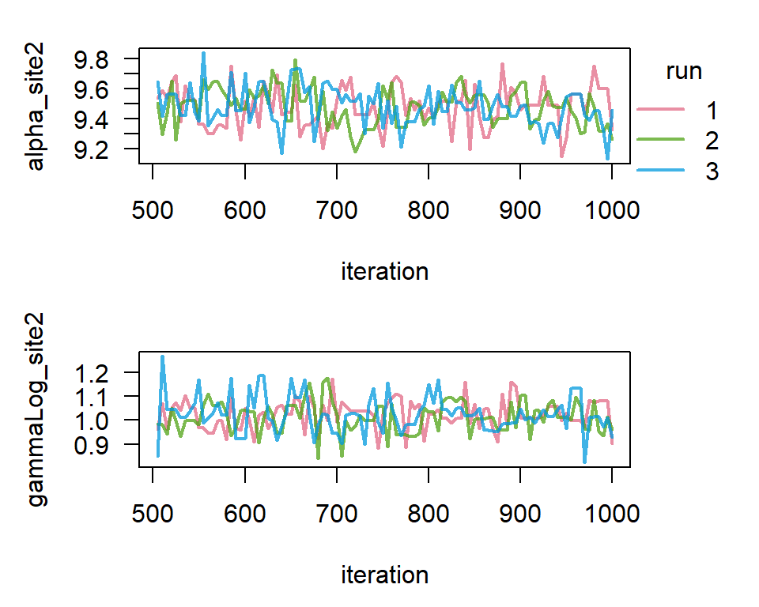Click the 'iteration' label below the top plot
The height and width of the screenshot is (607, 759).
point(384,272)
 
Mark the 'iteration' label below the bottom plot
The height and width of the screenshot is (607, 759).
point(384,575)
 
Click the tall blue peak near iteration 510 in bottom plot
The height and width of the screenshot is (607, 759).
point(162,357)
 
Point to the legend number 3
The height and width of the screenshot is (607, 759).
point(712,172)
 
